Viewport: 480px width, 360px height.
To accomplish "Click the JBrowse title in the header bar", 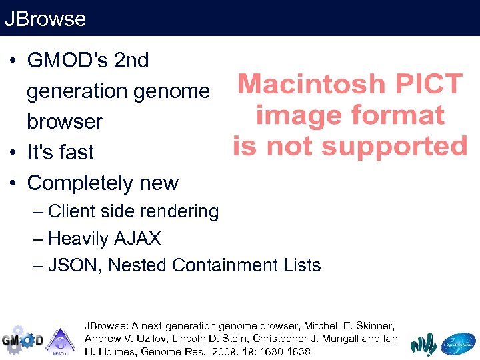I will pos(45,18).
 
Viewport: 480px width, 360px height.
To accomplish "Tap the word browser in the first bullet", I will pos(64,122).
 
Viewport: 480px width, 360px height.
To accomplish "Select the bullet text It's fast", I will pos(61,152).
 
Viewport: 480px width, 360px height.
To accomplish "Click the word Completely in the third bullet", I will pos(77,183).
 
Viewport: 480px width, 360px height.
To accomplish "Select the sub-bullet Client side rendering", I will pos(133,211).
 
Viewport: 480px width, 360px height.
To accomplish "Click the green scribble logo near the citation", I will pos(423,343).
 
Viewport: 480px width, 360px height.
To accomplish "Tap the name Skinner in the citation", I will pos(375,326).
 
